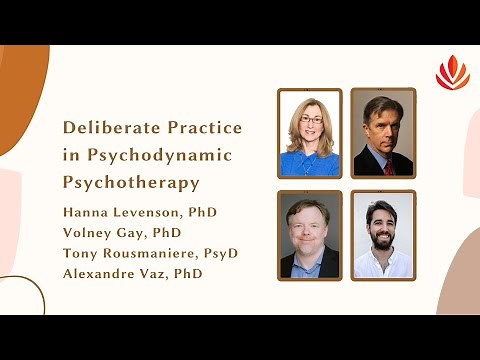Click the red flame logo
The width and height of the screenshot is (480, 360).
(452, 72)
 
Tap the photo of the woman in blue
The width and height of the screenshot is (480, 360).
(310, 133)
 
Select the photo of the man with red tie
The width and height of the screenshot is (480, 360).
(382, 133)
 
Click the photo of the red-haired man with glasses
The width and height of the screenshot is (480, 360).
(310, 234)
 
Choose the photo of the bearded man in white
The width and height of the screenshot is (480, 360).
(382, 234)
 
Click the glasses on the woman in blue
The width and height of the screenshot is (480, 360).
(309, 121)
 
